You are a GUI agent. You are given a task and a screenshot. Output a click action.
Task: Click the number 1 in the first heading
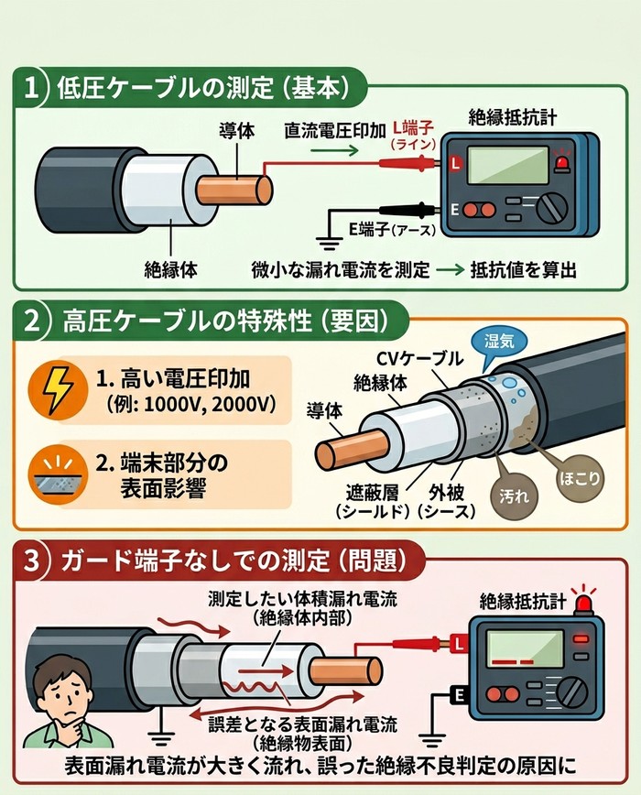31,88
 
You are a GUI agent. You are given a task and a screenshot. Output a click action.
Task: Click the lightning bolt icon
57,388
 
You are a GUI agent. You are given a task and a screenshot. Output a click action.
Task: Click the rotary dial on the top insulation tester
552,208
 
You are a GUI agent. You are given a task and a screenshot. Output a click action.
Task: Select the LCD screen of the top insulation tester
507,165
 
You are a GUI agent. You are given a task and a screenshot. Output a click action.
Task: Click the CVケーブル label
419,358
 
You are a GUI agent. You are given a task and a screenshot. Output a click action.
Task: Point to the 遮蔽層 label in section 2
372,491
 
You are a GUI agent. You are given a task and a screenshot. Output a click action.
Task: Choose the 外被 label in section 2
447,491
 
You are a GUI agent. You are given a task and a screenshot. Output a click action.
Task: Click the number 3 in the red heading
31,561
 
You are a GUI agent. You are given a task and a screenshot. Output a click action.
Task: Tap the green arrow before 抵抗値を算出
451,269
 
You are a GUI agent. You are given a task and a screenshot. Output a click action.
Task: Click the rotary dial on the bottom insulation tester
572,692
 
